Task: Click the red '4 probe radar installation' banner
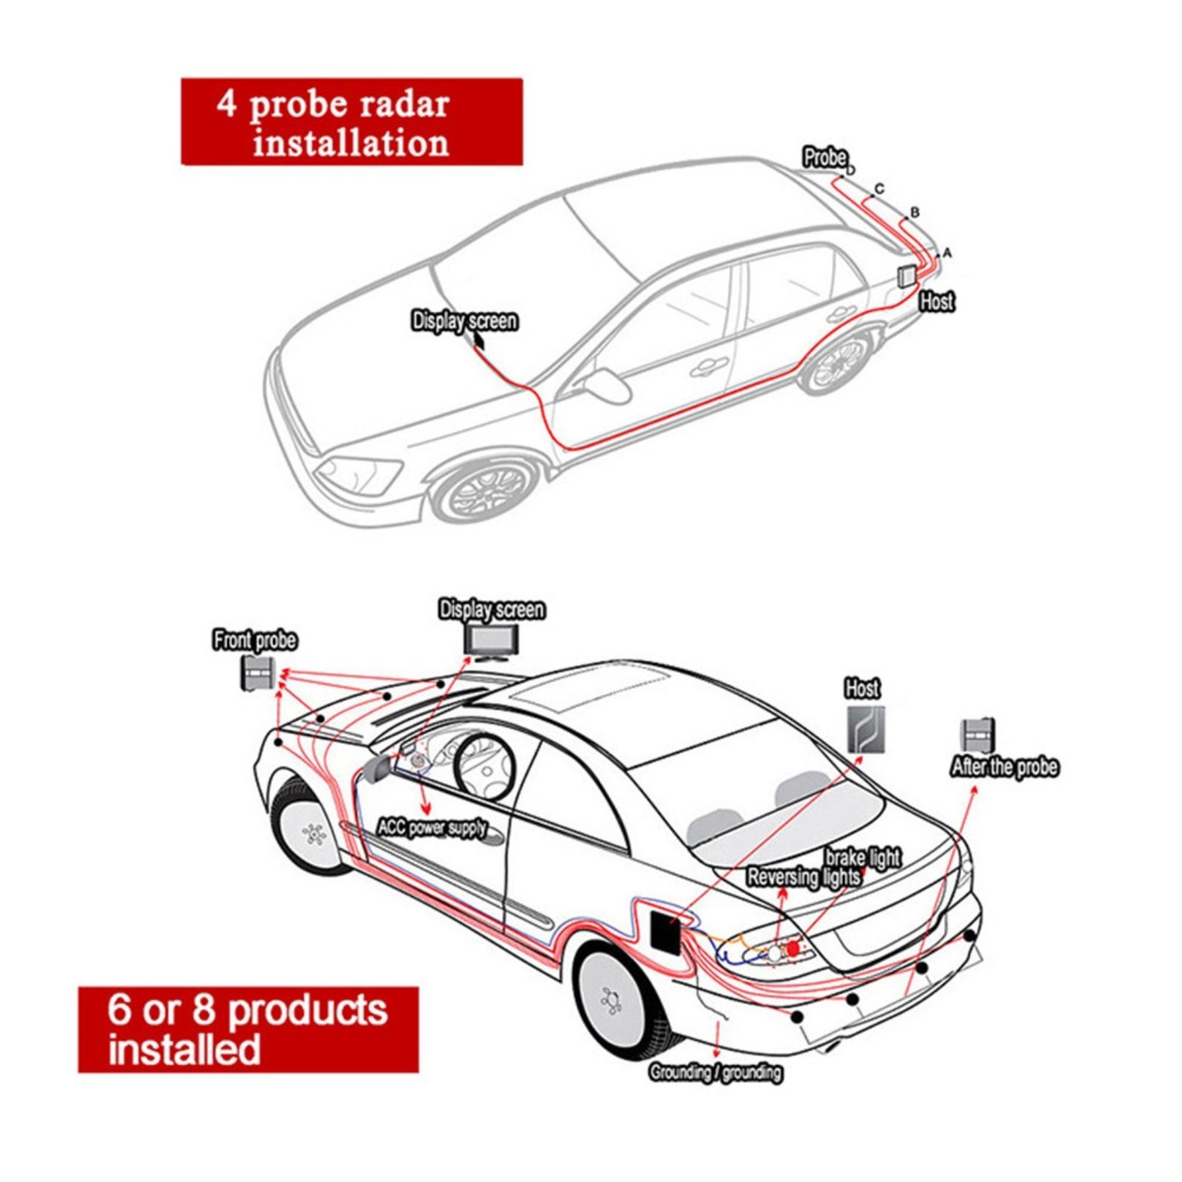pyautogui.click(x=352, y=122)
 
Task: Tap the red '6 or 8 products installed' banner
pyautogui.click(x=248, y=1029)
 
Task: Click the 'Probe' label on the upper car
pyautogui.click(x=825, y=157)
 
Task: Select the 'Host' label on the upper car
pyautogui.click(x=937, y=301)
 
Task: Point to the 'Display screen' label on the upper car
pyautogui.click(x=464, y=321)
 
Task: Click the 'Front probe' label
pyautogui.click(x=255, y=640)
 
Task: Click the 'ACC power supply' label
pyautogui.click(x=432, y=827)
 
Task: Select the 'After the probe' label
pyautogui.click(x=1004, y=767)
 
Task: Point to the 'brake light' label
pyautogui.click(x=862, y=857)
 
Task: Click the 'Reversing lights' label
pyautogui.click(x=803, y=877)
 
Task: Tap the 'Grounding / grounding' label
pyautogui.click(x=715, y=1072)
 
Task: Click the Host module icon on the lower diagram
pyautogui.click(x=865, y=729)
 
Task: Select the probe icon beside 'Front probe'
pyautogui.click(x=257, y=673)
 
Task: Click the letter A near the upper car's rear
pyautogui.click(x=948, y=253)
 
